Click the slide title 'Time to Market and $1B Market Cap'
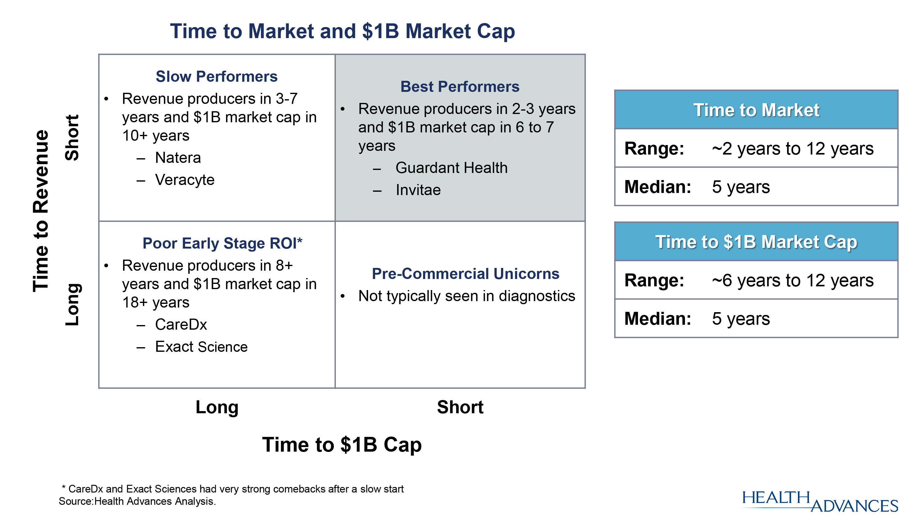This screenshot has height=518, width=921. (342, 31)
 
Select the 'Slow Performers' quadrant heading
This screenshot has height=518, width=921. (216, 76)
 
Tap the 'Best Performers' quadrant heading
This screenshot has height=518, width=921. (460, 86)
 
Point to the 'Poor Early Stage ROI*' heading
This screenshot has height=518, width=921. (222, 243)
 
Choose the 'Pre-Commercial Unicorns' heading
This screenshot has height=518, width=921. (465, 274)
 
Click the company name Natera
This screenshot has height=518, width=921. (178, 157)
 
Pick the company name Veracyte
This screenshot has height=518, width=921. (185, 180)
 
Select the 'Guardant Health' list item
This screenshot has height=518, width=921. (451, 167)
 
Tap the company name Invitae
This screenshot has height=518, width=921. (418, 190)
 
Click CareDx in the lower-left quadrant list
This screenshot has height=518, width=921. (181, 324)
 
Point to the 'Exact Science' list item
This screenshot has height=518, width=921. (201, 347)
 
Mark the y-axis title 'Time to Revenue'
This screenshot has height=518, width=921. (41, 211)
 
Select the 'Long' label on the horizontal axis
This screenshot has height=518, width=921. (217, 407)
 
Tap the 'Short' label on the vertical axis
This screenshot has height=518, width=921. (72, 138)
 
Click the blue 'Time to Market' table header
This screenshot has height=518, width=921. (756, 109)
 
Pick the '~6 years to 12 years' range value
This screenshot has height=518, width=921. (792, 280)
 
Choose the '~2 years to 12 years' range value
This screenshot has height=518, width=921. (792, 148)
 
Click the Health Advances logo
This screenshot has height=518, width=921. (820, 501)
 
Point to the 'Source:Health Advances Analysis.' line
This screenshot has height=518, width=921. (137, 501)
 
